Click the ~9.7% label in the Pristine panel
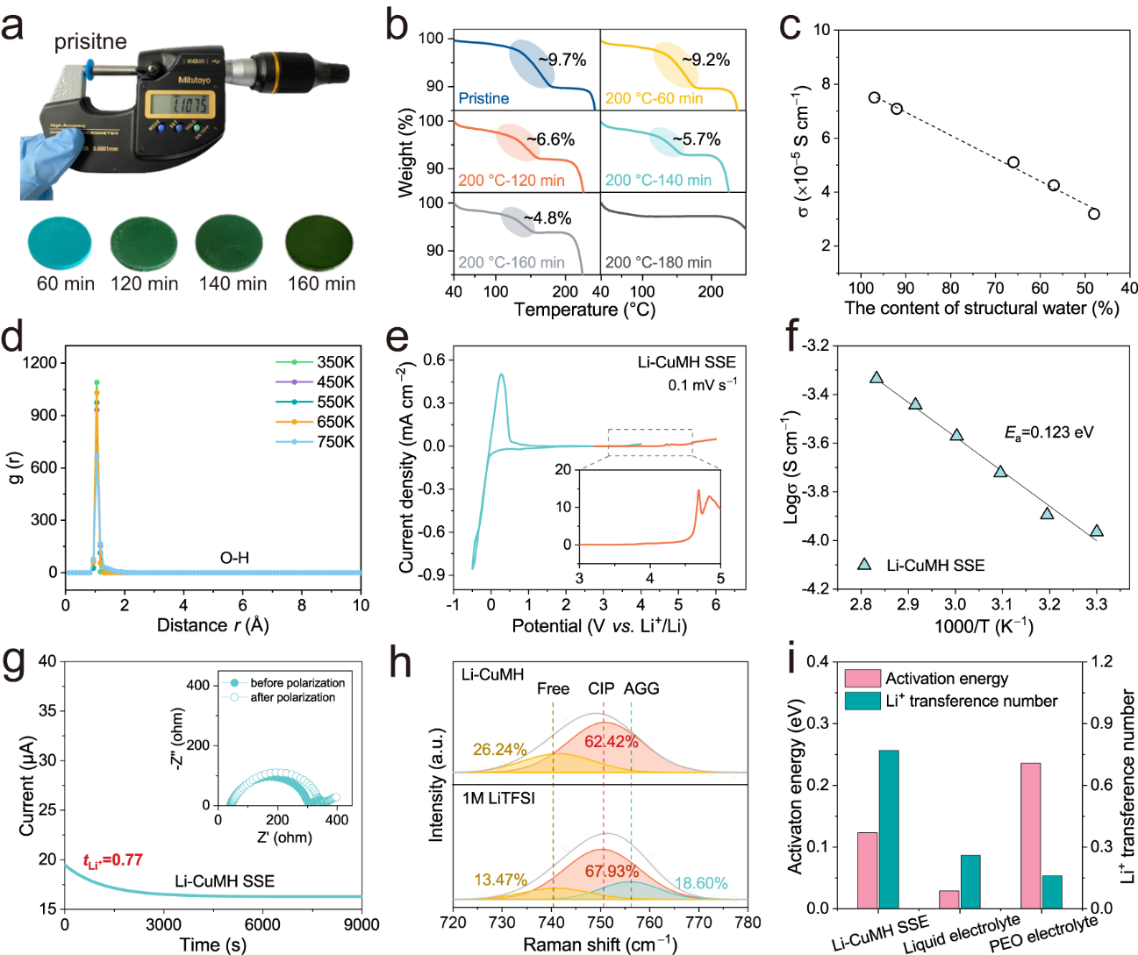pos(562,60)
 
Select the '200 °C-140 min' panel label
pos(658,180)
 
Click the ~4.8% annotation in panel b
pos(548,218)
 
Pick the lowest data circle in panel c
pos(1094,214)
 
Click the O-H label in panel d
pos(234,558)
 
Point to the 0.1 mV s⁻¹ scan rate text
pos(702,385)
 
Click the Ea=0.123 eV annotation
pos(1049,432)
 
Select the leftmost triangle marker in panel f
pos(877,378)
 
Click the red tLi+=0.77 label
pos(112,860)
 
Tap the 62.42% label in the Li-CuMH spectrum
pos(611,741)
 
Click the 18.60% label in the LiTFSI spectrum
pos(701,883)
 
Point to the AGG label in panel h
pos(641,688)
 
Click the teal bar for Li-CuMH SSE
pos(889,829)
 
